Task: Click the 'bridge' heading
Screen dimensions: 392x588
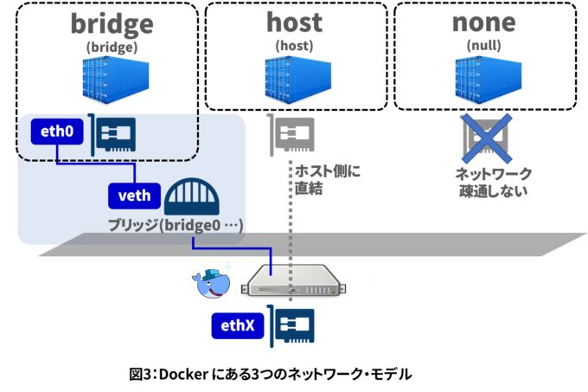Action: coord(112,22)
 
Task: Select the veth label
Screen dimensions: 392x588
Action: coord(133,196)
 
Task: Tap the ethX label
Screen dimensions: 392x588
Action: coord(237,325)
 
